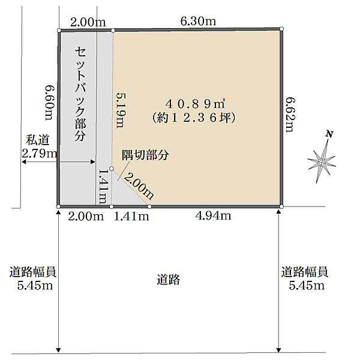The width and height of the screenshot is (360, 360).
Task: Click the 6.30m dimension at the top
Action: click(199, 22)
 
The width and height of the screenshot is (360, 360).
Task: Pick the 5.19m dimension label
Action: click(119, 110)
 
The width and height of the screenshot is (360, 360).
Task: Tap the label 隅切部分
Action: click(145, 154)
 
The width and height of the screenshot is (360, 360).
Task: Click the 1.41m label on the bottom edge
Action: click(131, 217)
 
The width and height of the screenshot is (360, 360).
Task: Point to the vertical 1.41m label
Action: click(103, 187)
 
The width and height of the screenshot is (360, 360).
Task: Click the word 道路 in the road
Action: click(169, 280)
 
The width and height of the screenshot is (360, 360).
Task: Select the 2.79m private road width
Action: click(39, 154)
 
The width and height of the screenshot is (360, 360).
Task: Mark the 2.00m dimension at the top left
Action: click(88, 22)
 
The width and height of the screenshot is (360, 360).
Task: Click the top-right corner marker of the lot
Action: click(281, 29)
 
